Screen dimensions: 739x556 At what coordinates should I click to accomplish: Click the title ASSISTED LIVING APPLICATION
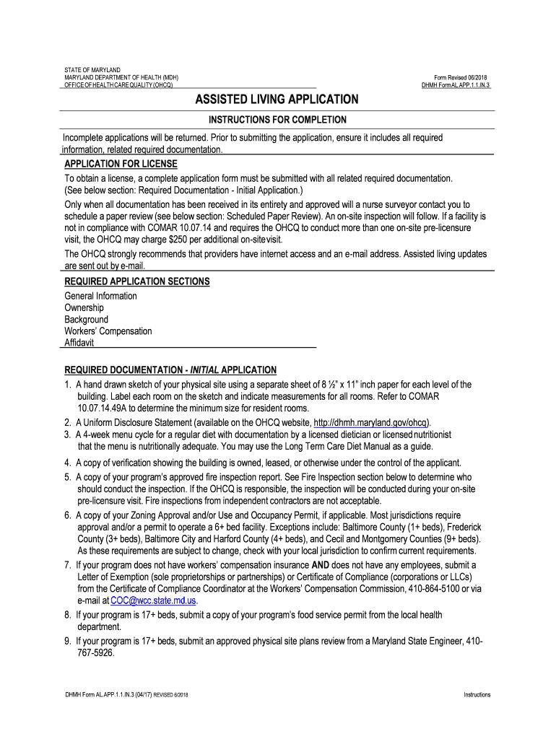point(278,100)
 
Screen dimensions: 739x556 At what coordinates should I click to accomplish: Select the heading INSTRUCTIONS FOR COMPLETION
point(278,120)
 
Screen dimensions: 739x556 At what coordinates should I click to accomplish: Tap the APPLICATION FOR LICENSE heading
point(121,164)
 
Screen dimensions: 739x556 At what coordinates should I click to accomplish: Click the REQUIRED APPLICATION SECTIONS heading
point(137,281)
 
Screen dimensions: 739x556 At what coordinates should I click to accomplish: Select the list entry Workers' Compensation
point(108,331)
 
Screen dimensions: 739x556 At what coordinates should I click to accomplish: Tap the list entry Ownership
point(84,308)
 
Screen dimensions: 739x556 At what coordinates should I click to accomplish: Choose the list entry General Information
point(101,297)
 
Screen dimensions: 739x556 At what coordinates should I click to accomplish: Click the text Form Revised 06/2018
point(462,77)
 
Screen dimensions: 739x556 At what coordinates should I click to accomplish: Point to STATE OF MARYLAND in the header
point(92,70)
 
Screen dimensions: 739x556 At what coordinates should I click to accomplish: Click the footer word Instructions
point(477,695)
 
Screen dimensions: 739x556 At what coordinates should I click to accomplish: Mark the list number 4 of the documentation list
point(67,463)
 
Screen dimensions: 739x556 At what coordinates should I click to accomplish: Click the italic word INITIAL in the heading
point(203,370)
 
